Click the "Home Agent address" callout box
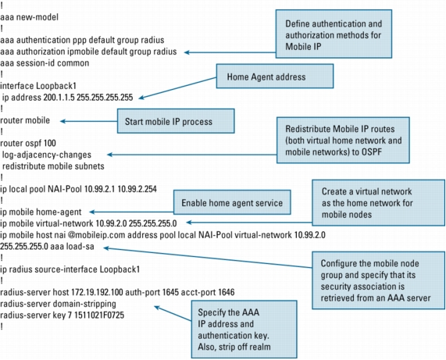275,77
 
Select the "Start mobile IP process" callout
176,121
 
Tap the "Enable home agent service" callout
232,202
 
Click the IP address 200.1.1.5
59,98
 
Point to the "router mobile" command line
25,120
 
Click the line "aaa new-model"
29,17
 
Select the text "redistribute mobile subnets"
53,166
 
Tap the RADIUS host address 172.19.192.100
97,292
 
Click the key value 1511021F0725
99,315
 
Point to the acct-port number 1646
227,292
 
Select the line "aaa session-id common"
45,62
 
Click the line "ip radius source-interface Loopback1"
70,269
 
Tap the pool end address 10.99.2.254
137,189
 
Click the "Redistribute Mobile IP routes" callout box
343,140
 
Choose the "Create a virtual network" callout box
379,202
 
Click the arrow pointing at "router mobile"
89,121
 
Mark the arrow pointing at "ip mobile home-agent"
131,212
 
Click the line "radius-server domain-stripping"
58,304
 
